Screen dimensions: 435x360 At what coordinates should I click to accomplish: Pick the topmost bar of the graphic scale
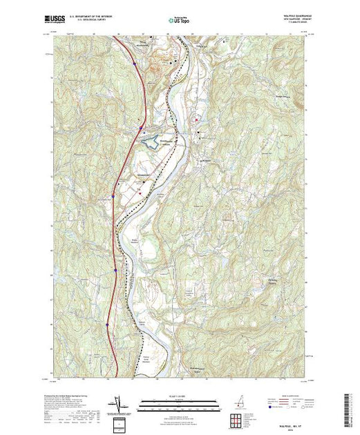coord(180,400)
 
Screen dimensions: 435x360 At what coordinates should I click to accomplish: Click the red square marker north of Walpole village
coord(198,132)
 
